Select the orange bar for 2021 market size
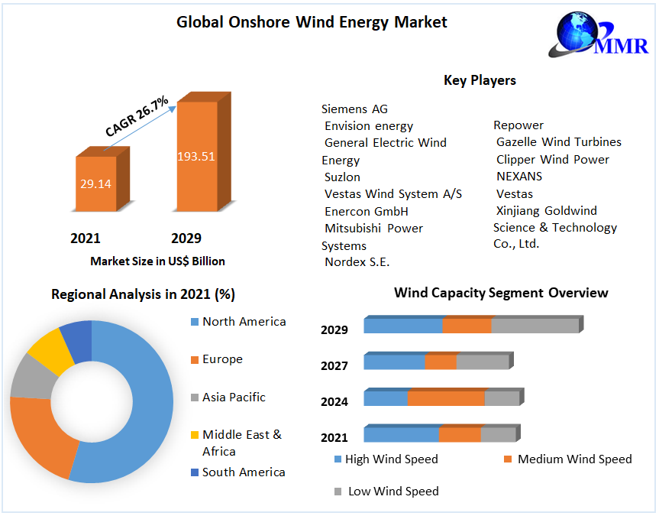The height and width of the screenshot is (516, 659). pos(95,183)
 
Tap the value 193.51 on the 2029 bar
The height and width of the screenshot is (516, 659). pos(196,157)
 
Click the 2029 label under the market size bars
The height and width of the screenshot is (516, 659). pos(186,239)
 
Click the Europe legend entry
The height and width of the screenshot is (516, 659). pos(222,359)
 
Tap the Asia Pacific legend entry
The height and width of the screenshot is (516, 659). pos(234,397)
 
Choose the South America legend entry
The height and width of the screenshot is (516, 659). pos(243,472)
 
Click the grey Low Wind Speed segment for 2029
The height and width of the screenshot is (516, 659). pos(535,326)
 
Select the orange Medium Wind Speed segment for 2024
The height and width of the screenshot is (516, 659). pos(446,398)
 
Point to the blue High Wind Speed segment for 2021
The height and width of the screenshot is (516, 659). pos(401,434)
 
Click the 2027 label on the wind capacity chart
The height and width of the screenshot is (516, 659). pos(334,366)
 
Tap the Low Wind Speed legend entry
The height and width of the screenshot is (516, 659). pos(392,492)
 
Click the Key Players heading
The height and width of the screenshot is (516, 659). pos(480,80)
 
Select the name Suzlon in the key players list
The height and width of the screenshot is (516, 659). pos(342,177)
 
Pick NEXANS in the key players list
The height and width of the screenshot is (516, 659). pos(519,177)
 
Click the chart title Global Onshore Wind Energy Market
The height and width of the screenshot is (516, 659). pos(312,22)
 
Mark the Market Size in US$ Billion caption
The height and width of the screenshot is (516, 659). pos(157,261)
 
